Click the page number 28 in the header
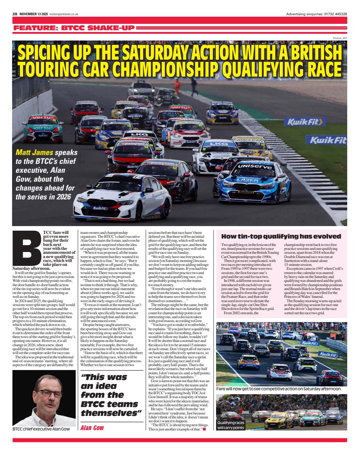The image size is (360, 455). pos(15,14)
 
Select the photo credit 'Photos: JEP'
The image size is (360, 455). pos(340,38)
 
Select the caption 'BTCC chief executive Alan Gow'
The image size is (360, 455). pos(41,429)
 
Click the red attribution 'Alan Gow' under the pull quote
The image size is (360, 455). pos(92,428)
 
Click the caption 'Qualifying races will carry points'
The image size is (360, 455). pos(231,425)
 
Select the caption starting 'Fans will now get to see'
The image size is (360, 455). pos(278,389)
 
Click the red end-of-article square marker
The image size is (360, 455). pos(204,429)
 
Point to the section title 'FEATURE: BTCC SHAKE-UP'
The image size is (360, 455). pos(74,28)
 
